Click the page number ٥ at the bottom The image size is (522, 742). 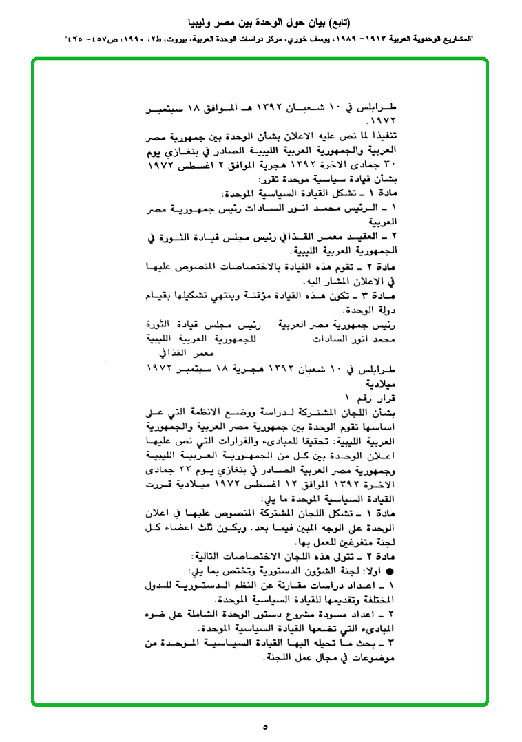pyautogui.click(x=264, y=726)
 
